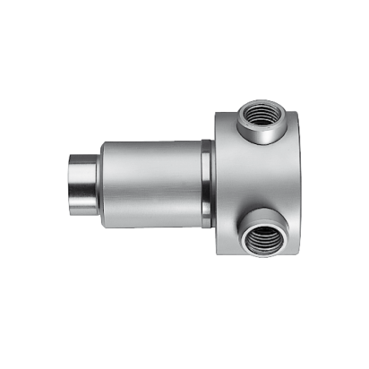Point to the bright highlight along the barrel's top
tap(152, 148)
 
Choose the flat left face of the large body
tap(219, 179)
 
